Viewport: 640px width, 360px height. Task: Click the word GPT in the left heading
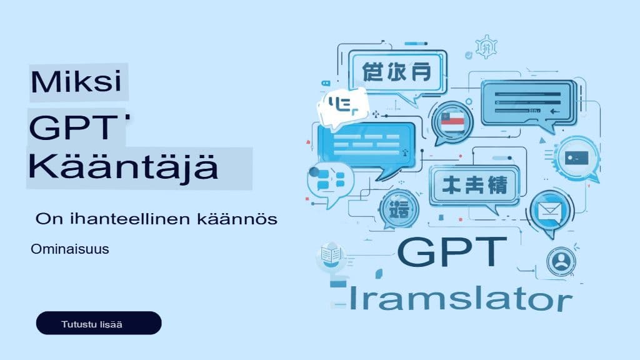(x=74, y=129)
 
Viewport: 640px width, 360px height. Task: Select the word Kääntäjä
(x=123, y=167)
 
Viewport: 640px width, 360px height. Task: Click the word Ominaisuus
(x=70, y=249)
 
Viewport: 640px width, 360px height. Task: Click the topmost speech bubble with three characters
(x=396, y=71)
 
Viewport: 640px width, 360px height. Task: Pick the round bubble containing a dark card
(x=573, y=157)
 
